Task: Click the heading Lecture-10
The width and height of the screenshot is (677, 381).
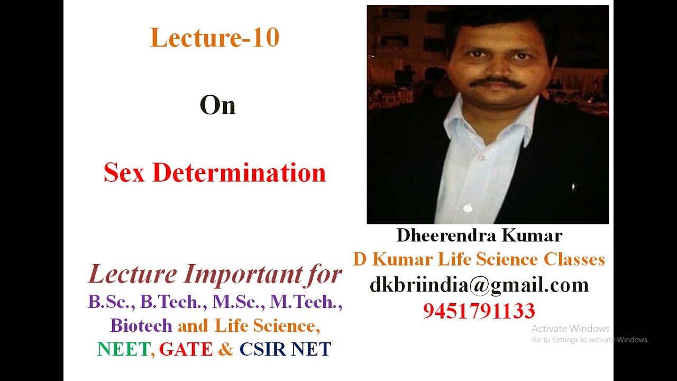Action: (x=215, y=38)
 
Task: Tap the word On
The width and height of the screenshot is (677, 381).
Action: (x=217, y=106)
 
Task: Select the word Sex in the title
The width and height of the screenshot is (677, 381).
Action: (x=124, y=173)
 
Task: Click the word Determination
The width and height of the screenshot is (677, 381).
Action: (x=239, y=173)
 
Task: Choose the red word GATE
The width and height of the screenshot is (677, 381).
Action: (x=186, y=349)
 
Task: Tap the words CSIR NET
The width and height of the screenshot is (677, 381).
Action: (x=285, y=349)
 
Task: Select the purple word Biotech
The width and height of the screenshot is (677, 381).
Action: (x=141, y=325)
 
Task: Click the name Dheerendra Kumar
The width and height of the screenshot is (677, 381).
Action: (x=479, y=235)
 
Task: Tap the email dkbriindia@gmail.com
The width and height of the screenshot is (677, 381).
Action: (x=479, y=285)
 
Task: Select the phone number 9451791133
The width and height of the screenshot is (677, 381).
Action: (x=479, y=311)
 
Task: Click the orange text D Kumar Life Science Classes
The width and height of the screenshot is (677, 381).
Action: (x=479, y=259)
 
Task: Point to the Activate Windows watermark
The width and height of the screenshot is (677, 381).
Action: (x=571, y=329)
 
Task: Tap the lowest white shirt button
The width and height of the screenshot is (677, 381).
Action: (x=468, y=208)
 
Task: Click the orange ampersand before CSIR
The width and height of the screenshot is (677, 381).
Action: (x=225, y=349)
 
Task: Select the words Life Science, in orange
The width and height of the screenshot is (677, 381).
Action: (x=267, y=325)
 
